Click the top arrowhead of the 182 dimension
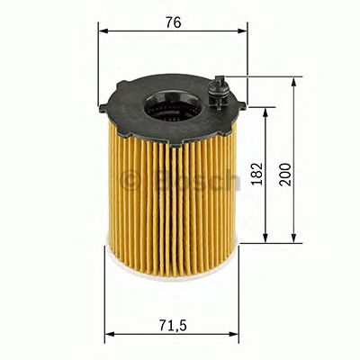tap(265, 112)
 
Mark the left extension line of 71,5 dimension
tap(106, 297)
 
